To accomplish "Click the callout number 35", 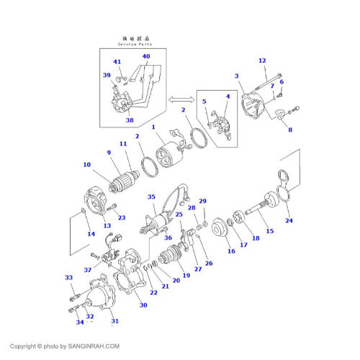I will point(151,197).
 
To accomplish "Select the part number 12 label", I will point(262,60).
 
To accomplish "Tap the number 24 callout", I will point(289,220).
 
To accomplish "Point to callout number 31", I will point(114,321).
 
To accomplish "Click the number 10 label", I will point(86,165).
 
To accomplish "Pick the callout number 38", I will point(130,120).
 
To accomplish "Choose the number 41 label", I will point(117,63).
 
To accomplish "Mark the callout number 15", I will point(270,231).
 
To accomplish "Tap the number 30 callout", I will point(143,305).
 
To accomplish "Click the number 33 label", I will point(69,277).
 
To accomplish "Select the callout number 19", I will point(186,275).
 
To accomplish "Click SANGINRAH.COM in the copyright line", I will point(93,346).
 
